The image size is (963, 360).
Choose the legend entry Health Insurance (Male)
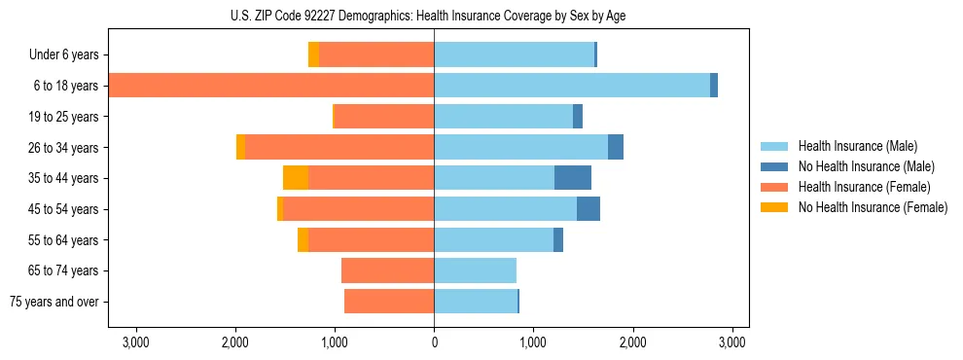(x=857, y=146)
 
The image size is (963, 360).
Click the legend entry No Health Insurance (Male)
(x=866, y=166)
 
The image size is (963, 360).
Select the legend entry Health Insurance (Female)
(x=864, y=187)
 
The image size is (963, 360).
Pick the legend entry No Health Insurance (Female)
(x=873, y=207)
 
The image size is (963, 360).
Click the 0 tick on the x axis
(x=434, y=342)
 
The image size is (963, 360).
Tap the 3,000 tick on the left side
(x=135, y=342)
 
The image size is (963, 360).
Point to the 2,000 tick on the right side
(x=632, y=342)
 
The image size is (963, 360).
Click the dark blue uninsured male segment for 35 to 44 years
(x=573, y=178)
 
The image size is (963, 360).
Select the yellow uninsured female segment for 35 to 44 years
(x=296, y=178)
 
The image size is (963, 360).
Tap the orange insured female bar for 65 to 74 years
(x=388, y=270)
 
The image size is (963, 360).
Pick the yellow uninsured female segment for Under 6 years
(x=313, y=55)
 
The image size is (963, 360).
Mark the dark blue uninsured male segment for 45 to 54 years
(x=588, y=209)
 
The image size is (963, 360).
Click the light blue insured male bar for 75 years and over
(x=476, y=302)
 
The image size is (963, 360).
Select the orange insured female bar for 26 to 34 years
(x=339, y=147)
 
